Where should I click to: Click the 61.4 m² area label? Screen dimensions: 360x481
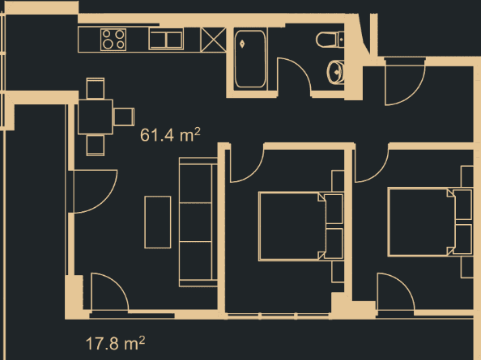click(170, 135)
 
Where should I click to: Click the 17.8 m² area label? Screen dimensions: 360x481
click(115, 343)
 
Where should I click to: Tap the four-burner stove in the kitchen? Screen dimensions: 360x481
click(113, 39)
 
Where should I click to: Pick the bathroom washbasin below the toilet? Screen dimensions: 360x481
click(337, 74)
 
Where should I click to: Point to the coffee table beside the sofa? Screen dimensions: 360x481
click(158, 221)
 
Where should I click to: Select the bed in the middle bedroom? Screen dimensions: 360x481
click(295, 226)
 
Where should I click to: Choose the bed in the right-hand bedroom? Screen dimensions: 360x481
click(425, 220)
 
